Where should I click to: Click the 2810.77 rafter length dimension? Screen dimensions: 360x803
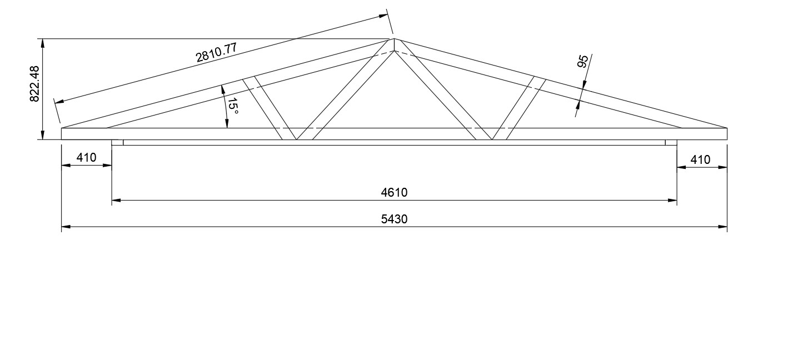pyautogui.click(x=217, y=52)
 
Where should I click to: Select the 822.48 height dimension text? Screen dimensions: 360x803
pyautogui.click(x=34, y=83)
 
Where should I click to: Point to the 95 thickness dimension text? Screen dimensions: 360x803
pyautogui.click(x=583, y=61)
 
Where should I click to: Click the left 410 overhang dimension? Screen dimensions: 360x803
pyautogui.click(x=86, y=158)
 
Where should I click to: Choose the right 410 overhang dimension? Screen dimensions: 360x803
pyautogui.click(x=700, y=160)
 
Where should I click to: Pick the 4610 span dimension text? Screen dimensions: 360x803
pyautogui.click(x=394, y=193)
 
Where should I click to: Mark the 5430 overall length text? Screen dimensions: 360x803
pyautogui.click(x=394, y=219)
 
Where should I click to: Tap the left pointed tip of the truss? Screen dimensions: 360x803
pyautogui.click(x=63, y=129)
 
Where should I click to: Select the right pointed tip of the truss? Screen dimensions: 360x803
pyautogui.click(x=726, y=129)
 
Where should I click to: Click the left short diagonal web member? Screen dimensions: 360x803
pyautogui.click(x=269, y=108)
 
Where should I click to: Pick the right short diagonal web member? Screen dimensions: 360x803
pyautogui.click(x=519, y=108)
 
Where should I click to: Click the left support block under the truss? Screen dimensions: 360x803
pyautogui.click(x=117, y=143)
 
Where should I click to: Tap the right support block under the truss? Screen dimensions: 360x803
pyautogui.click(x=671, y=143)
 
